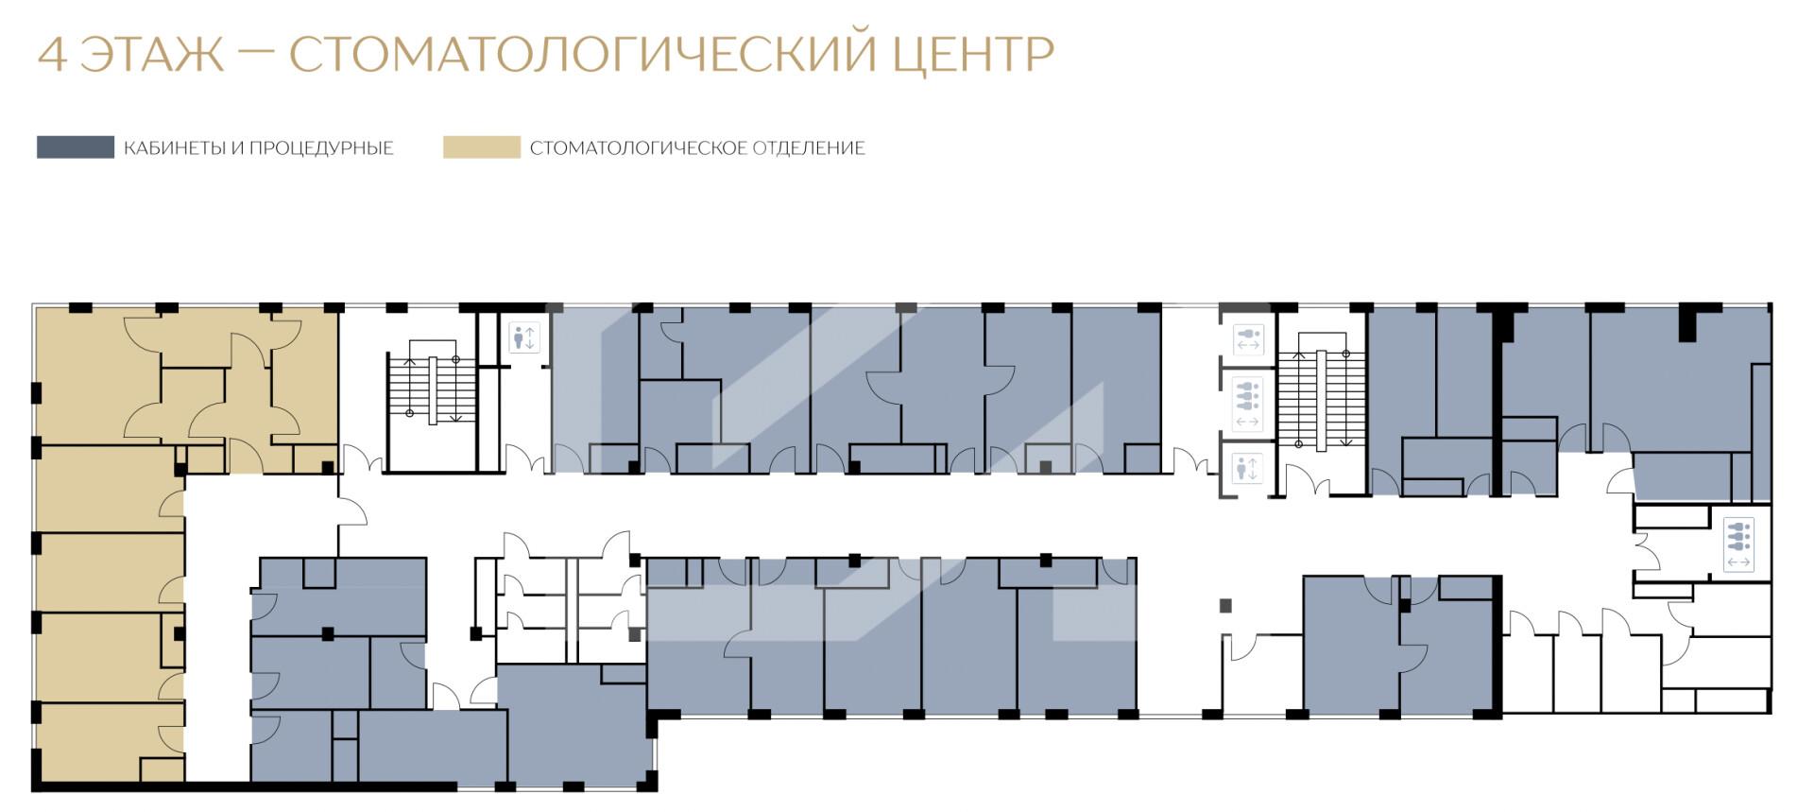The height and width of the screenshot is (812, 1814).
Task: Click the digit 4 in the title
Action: click(52, 55)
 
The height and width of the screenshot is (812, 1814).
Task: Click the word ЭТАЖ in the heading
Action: click(152, 55)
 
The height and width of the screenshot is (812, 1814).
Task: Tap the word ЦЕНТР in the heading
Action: click(973, 56)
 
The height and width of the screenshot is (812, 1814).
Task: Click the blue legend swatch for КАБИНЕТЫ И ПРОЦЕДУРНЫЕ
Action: click(76, 147)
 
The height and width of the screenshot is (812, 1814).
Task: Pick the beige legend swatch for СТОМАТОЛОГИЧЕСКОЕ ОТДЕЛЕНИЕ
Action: click(482, 147)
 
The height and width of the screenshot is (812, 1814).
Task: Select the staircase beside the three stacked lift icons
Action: click(1321, 389)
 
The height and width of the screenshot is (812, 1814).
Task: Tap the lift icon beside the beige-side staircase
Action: click(523, 337)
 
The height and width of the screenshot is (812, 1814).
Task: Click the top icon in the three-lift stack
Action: click(1247, 339)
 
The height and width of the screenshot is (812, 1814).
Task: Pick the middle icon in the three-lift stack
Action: click(1247, 404)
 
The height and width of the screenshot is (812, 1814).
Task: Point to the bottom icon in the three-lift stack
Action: click(1247, 468)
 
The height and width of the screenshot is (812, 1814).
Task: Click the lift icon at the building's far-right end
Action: click(1738, 544)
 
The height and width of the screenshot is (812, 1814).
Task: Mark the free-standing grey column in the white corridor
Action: click(1226, 605)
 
